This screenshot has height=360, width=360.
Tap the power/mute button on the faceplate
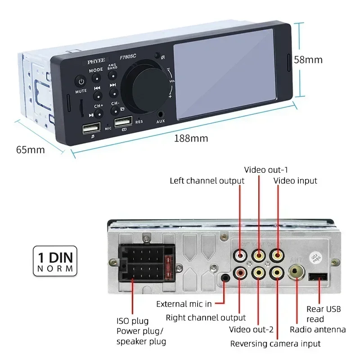tap(81, 82)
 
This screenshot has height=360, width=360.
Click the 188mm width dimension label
tap(191, 138)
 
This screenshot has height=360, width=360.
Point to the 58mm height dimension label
tap(308, 59)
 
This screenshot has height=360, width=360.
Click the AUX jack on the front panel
tap(160, 115)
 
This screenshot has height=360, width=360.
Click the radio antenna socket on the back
tap(296, 272)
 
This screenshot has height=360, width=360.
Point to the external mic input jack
tap(225, 279)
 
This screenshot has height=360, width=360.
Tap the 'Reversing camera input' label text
tap(275, 343)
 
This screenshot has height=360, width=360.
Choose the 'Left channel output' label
tap(207, 181)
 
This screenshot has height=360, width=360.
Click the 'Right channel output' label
tap(206, 318)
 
